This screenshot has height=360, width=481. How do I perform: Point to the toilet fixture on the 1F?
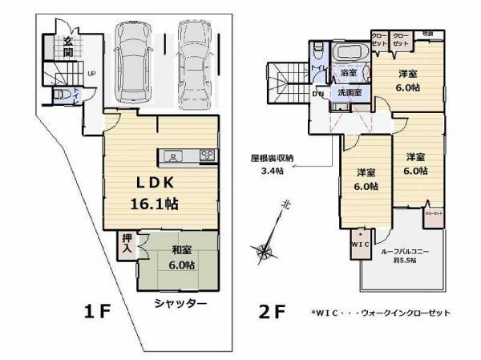[x=61, y=96]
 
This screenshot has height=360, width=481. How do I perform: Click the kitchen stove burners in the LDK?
[x=206, y=156]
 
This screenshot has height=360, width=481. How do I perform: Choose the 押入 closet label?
[x=127, y=244]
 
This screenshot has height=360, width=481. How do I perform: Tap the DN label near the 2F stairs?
[x=317, y=93]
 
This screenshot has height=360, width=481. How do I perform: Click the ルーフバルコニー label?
[x=405, y=251]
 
